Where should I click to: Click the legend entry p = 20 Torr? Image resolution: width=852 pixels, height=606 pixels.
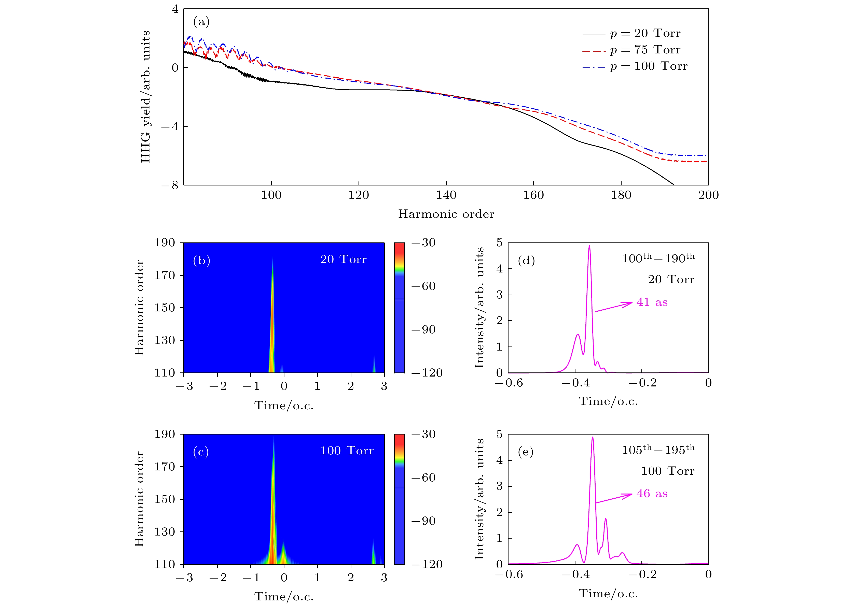631,34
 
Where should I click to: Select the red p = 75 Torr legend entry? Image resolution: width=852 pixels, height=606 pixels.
631,50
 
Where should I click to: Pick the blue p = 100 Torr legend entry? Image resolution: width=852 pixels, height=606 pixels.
634,66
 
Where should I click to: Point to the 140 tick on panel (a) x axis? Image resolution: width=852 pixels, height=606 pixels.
446,195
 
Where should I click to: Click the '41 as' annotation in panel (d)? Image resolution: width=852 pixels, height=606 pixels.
652,302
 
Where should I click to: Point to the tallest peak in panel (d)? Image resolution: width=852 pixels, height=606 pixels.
589,246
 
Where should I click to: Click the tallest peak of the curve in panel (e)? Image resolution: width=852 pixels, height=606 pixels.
593,437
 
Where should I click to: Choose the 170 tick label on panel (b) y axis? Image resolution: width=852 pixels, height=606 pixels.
165,275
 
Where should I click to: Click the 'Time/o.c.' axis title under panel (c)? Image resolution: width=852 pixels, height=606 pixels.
284,597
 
